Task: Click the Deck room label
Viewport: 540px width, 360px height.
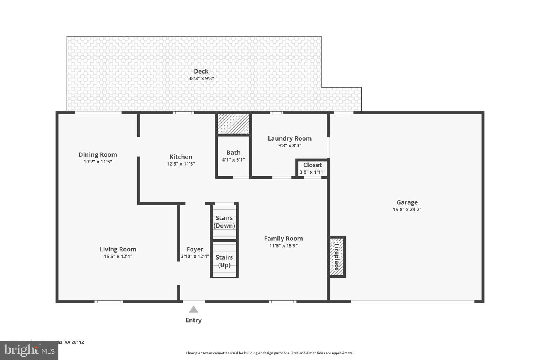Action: click(x=201, y=71)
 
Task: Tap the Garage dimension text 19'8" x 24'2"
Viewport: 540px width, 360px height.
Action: click(x=407, y=210)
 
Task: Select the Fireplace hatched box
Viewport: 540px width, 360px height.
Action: click(x=337, y=257)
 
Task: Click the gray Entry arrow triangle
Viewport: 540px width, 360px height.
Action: click(x=193, y=309)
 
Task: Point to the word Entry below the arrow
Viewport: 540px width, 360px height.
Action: click(x=193, y=320)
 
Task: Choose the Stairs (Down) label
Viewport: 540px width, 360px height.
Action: click(x=224, y=222)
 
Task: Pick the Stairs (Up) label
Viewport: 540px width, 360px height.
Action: click(x=224, y=261)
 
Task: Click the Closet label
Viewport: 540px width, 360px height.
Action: click(x=312, y=165)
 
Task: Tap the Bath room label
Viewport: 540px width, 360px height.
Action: click(x=233, y=153)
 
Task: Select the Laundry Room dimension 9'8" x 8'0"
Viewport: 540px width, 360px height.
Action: click(x=289, y=145)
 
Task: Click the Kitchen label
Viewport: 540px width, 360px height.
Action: click(x=181, y=157)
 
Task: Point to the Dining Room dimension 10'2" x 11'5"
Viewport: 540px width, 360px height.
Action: click(x=97, y=162)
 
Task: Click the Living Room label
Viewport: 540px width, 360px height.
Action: click(x=118, y=249)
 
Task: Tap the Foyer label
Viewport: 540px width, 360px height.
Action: click(x=195, y=249)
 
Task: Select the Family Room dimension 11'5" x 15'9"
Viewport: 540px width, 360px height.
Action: click(x=283, y=246)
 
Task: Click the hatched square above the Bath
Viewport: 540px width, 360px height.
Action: click(x=234, y=124)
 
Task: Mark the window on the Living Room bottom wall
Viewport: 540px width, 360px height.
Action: click(x=109, y=301)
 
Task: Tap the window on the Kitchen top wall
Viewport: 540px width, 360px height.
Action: click(x=183, y=112)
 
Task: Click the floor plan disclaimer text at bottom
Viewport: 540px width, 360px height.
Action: click(x=270, y=353)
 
